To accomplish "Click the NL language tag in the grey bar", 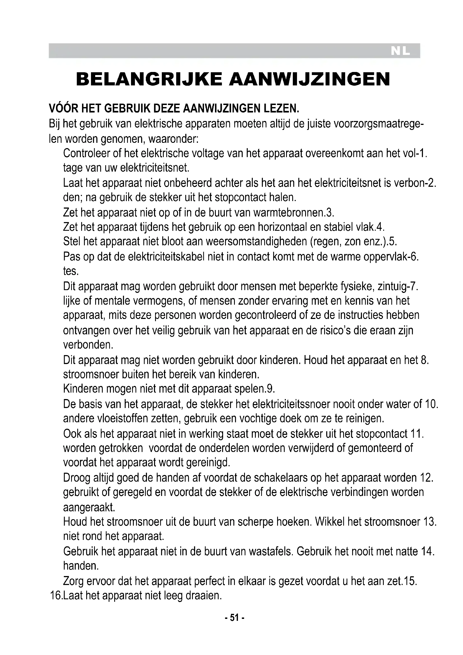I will [x=400, y=51].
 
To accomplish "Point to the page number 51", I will [x=234, y=618].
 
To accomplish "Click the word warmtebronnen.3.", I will [x=293, y=213].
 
